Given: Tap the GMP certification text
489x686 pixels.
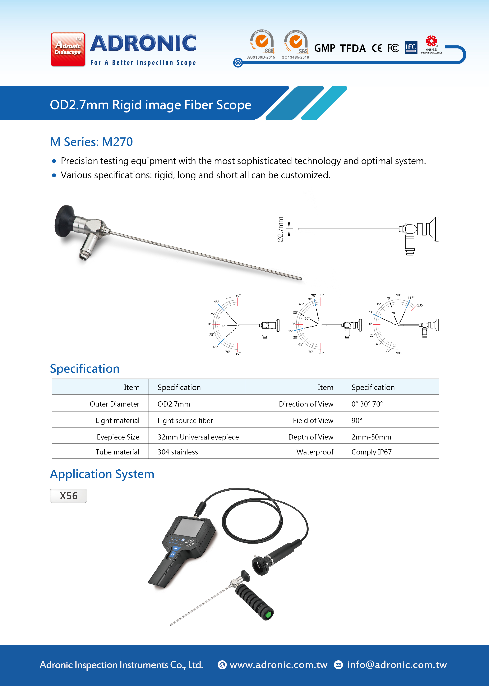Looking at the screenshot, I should (325, 48).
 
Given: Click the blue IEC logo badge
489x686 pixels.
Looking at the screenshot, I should (411, 48).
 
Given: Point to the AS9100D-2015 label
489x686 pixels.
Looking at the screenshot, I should (261, 57).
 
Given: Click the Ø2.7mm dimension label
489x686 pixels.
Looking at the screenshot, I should (280, 229).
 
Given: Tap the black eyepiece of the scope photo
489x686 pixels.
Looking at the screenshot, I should (63, 221).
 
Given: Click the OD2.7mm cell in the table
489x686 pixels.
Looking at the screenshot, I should (174, 404).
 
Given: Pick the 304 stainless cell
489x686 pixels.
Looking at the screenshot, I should (178, 452).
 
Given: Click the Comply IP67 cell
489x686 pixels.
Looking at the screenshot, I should (371, 452).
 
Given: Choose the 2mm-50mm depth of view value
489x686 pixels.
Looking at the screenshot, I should (371, 437).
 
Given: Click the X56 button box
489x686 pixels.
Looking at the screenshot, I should (68, 496).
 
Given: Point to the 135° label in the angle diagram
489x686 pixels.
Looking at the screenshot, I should (420, 305).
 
